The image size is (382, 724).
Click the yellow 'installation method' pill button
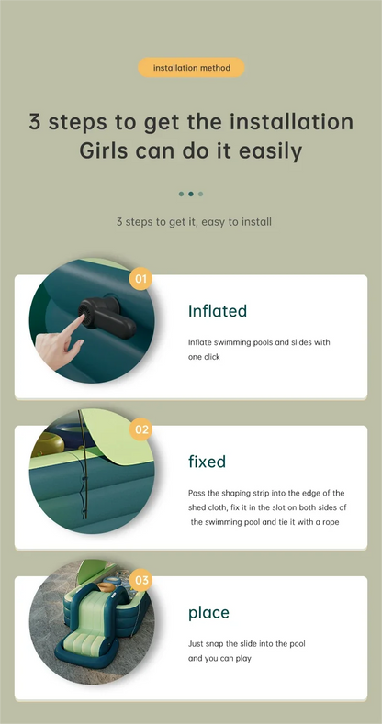tap(191, 67)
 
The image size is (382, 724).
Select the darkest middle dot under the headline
tap(191, 194)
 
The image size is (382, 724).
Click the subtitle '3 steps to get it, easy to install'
tap(194, 222)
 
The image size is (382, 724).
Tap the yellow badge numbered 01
tap(140, 278)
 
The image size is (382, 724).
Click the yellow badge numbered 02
tap(140, 429)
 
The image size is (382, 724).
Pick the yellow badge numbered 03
tap(140, 580)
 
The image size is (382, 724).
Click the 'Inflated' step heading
tap(218, 311)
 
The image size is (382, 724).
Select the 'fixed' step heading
tap(207, 462)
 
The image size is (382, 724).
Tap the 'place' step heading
tap(208, 613)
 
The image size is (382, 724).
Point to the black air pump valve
tap(107, 317)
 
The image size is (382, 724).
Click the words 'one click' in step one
tap(204, 357)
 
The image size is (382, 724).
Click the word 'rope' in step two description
tap(330, 522)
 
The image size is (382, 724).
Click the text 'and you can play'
tap(219, 659)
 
